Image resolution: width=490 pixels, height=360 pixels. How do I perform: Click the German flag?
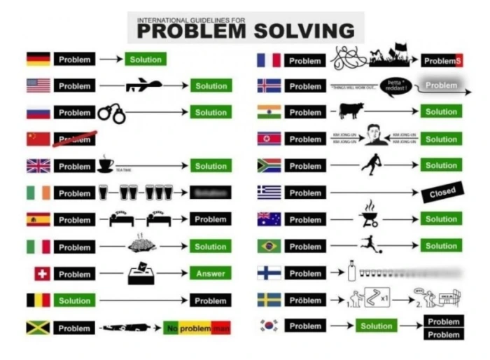point(38,60)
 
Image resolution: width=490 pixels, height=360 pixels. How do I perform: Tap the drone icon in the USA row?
point(143,85)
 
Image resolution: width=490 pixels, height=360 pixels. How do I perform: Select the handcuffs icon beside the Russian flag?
point(111,113)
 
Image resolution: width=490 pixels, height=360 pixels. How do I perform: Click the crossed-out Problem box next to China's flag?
point(74,139)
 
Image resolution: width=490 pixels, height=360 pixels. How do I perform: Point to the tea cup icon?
point(106,165)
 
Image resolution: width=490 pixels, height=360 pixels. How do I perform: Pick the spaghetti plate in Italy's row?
point(141,245)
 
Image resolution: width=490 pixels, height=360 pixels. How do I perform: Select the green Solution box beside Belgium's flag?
point(74,300)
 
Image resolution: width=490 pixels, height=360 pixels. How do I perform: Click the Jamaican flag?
point(38,328)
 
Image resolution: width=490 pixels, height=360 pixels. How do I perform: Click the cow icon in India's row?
point(350,111)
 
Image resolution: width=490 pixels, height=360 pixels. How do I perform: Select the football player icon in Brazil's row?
point(367,245)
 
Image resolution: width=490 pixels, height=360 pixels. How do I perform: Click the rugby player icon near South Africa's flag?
point(369,165)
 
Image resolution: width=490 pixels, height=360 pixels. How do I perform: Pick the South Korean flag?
point(269,326)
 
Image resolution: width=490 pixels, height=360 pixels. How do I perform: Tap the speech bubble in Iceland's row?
point(395,85)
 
